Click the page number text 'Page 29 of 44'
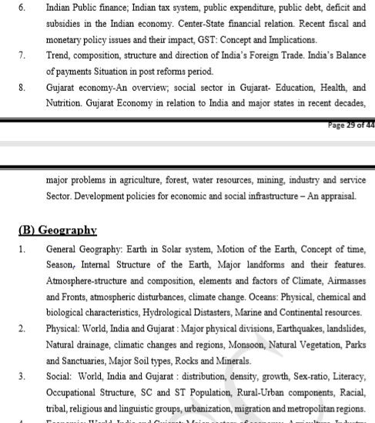pos(350,128)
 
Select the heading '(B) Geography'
pos(57,230)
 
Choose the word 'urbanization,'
pos(193,409)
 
